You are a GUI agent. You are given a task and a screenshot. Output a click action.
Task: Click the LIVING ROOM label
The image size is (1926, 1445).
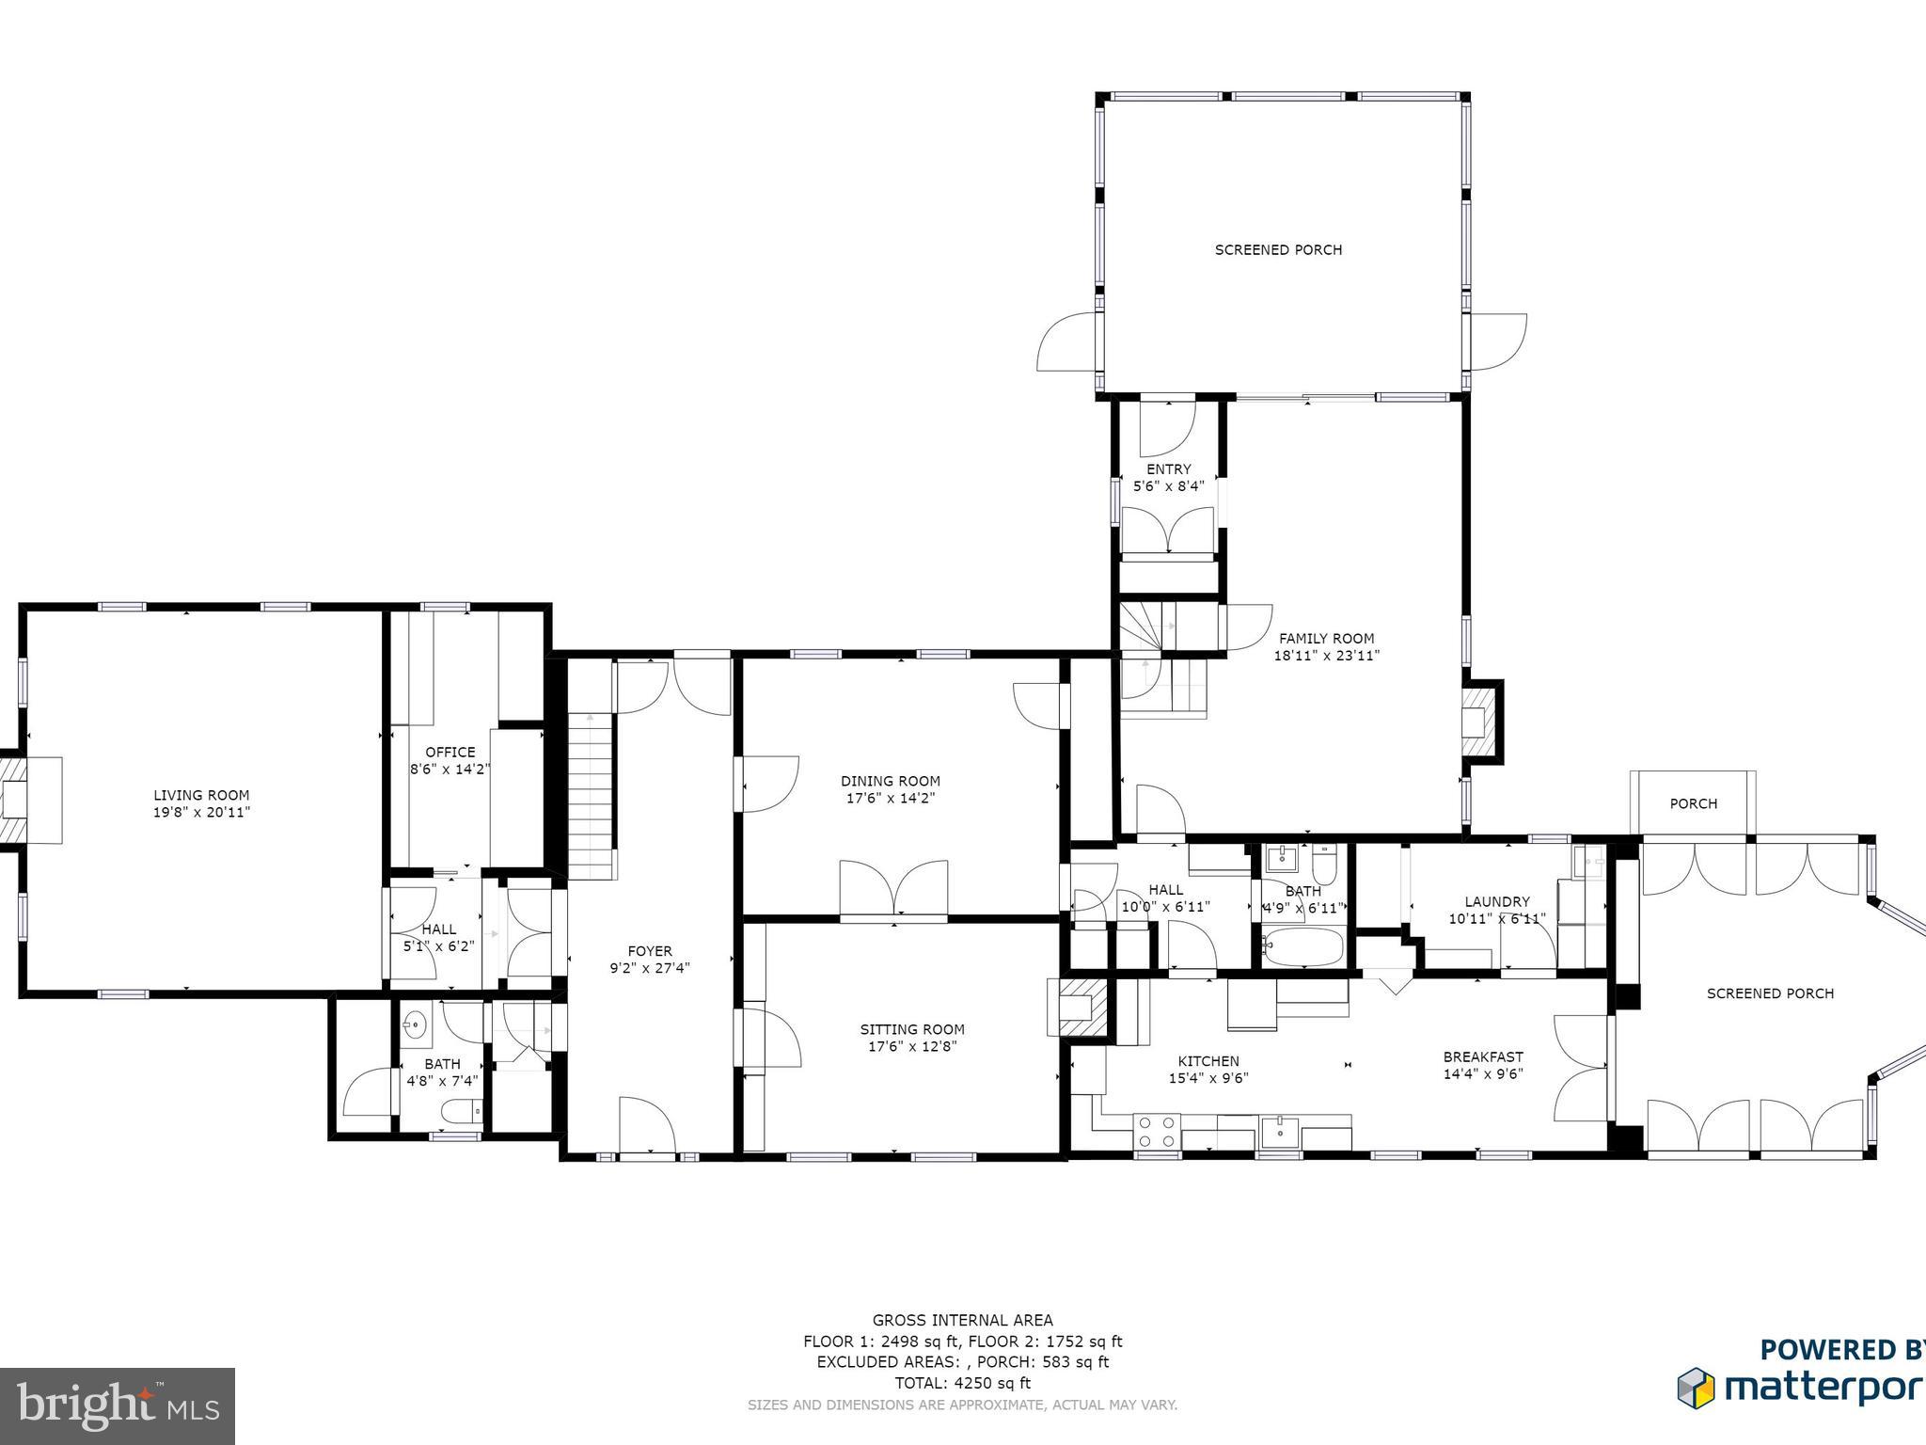tap(201, 795)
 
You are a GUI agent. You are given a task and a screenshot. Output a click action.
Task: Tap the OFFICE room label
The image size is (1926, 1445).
tap(450, 752)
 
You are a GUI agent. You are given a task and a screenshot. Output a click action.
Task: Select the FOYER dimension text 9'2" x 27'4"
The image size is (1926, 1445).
tap(650, 967)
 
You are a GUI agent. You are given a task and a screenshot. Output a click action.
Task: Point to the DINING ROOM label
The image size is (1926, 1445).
tap(891, 781)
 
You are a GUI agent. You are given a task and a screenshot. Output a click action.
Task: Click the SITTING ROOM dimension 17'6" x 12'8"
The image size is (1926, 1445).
tap(912, 1046)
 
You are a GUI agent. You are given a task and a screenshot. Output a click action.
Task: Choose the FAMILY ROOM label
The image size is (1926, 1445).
tap(1326, 638)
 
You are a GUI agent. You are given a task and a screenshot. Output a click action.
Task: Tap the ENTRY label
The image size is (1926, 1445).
tap(1169, 468)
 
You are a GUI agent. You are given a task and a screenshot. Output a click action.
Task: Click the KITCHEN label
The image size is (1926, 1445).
tap(1208, 1061)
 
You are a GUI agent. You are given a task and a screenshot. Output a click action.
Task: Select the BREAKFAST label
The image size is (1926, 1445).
tap(1483, 1056)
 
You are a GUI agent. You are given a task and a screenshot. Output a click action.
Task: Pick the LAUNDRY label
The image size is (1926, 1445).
tap(1497, 901)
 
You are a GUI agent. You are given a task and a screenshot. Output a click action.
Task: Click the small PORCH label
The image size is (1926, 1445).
tap(1694, 803)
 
